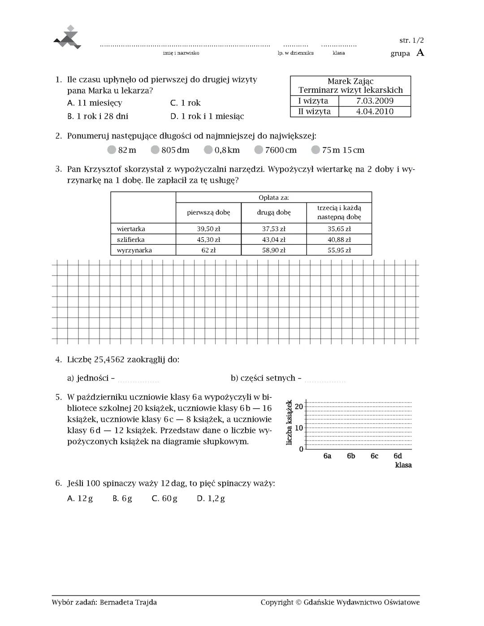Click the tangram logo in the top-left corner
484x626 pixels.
pos(67,38)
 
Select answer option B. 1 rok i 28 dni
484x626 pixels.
pos(98,117)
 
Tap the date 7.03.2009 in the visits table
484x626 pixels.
pos(375,101)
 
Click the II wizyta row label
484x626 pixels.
pos(314,112)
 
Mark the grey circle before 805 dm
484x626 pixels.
pos(155,150)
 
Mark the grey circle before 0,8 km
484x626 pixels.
pos(208,150)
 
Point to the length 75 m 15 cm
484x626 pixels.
pos(343,150)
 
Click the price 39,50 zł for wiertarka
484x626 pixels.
pos(208,229)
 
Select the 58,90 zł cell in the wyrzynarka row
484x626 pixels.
pos(273,250)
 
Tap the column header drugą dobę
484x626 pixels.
pos(273,212)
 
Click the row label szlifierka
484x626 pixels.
pos(130,240)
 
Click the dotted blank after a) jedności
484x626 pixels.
pos(138,380)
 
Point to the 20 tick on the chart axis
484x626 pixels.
pos(299,407)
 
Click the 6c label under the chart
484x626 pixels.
pos(374,456)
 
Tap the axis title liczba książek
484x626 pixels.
pos(289,423)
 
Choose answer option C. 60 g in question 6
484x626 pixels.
pos(164,498)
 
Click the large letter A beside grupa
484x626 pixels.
pos(420,53)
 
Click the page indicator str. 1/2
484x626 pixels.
pos(411,40)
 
